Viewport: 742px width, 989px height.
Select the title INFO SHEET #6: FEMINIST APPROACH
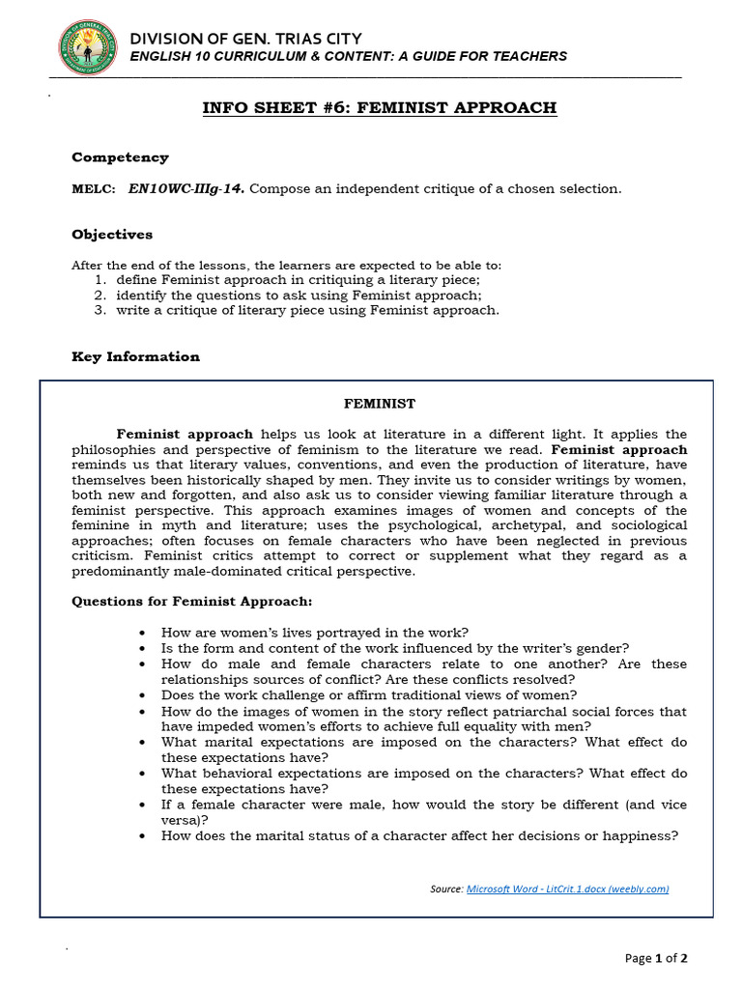tap(379, 107)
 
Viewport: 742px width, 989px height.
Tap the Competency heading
tap(120, 157)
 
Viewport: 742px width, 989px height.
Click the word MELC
tap(93, 189)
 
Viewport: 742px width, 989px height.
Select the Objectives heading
tap(112, 235)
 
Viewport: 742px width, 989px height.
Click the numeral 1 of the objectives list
tap(100, 280)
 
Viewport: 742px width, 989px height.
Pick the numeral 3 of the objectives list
tap(100, 311)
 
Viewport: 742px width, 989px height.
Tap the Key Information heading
tap(135, 357)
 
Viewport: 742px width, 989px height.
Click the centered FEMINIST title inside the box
tap(380, 404)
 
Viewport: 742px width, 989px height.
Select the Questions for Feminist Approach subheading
tap(192, 602)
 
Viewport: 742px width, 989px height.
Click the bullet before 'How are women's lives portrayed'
tap(143, 633)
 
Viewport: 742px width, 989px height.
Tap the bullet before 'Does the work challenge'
tap(143, 695)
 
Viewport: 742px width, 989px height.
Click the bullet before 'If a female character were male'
tap(143, 805)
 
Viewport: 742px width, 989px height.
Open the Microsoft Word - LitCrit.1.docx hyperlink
tap(567, 889)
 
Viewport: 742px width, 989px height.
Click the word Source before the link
tap(446, 889)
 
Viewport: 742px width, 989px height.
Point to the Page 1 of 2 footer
tap(656, 958)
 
